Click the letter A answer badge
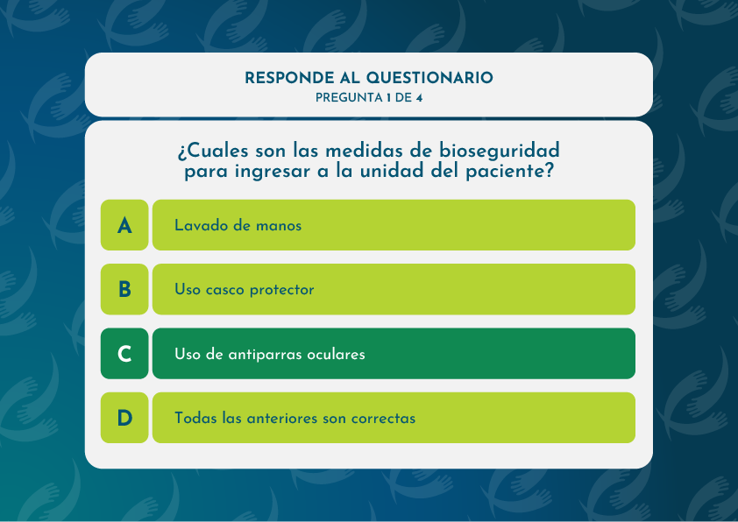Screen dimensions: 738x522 (124, 225)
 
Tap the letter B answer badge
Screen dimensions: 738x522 (124, 289)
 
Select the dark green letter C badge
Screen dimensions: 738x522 (124, 354)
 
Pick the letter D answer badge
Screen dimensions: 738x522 (124, 418)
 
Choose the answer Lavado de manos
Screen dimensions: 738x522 (394, 225)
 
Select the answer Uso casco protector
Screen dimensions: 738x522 (394, 289)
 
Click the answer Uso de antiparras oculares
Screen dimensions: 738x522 (394, 354)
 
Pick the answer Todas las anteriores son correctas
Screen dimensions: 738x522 (394, 418)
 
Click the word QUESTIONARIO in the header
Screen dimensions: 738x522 (429, 78)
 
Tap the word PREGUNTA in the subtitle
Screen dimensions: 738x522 (349, 98)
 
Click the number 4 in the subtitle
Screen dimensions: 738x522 (419, 98)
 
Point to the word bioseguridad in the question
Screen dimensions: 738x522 (500, 152)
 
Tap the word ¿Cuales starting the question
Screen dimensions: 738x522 (213, 152)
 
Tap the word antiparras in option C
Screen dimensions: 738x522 (263, 355)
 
